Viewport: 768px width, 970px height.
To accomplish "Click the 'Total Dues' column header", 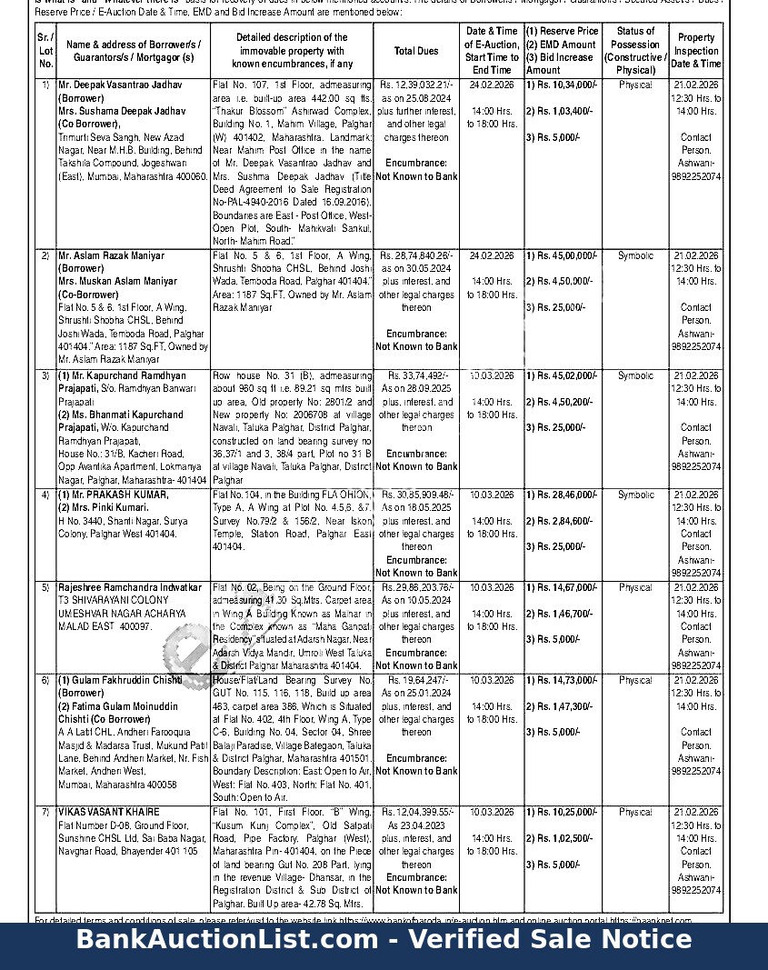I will point(415,52).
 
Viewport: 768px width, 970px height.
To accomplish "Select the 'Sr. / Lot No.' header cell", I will point(45,51).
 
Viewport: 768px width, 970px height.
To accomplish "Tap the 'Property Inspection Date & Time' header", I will point(696,51).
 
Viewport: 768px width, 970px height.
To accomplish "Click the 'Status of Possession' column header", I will point(635,50).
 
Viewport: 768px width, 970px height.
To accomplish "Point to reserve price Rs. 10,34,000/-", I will point(564,85).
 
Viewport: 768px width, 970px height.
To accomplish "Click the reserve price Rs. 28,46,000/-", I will point(564,495).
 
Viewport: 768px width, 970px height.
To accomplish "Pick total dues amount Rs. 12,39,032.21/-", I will point(417,85).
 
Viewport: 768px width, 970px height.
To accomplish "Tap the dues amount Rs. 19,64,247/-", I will point(416,680).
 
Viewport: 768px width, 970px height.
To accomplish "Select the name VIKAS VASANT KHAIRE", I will point(108,812).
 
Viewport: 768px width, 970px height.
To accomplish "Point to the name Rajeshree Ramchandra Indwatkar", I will point(130,588).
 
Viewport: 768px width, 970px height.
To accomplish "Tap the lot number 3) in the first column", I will point(45,375).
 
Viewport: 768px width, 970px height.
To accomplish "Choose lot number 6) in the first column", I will point(45,680).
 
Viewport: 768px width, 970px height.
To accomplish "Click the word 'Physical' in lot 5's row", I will point(635,588).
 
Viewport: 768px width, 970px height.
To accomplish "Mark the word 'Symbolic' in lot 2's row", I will point(635,256).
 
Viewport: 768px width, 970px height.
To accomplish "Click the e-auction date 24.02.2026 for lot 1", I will point(492,85).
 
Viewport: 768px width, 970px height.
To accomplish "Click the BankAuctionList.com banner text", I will point(384,939).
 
